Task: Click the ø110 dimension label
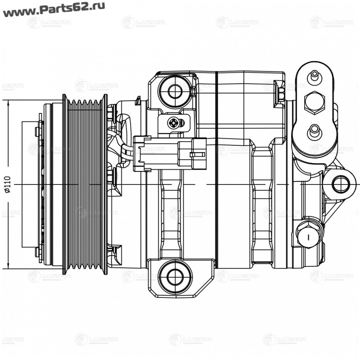[8, 184]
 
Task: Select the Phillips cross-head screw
[175, 122]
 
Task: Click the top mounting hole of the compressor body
[175, 91]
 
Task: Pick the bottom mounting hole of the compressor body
[175, 278]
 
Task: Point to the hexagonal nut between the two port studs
[314, 102]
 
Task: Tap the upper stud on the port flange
[314, 76]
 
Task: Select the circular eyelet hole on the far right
[340, 184]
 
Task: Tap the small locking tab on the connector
[197, 154]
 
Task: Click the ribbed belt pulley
[85, 184]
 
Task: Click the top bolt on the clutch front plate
[38, 131]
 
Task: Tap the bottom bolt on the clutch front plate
[38, 252]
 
